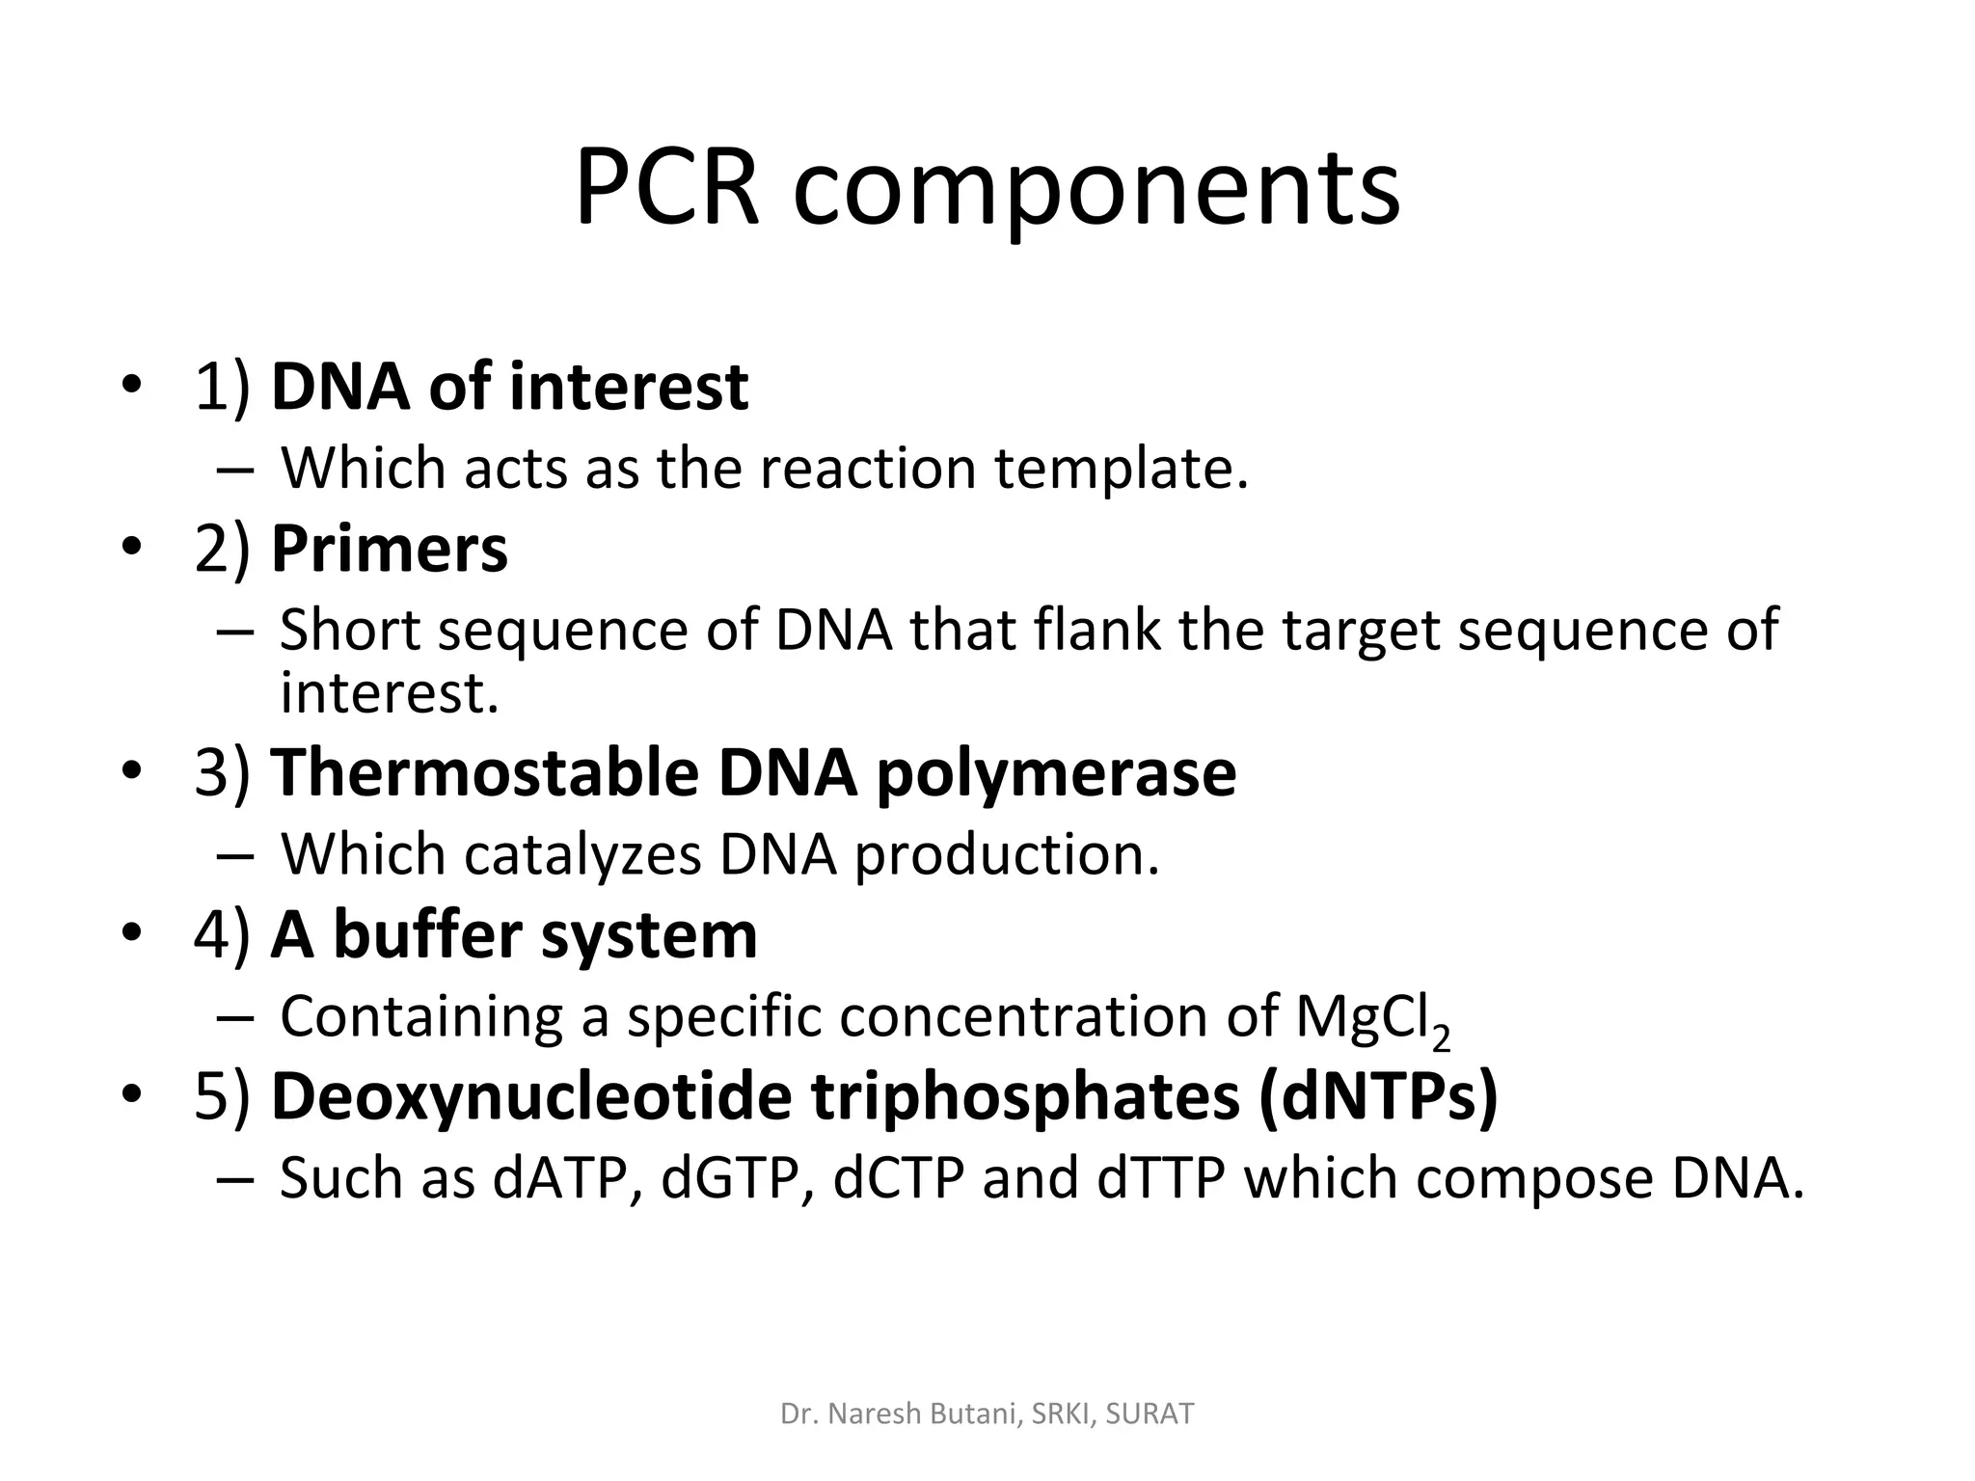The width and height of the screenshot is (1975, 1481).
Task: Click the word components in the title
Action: point(1096,191)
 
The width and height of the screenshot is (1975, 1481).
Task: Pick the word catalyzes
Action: point(582,854)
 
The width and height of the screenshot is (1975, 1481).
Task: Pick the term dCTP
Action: point(898,1178)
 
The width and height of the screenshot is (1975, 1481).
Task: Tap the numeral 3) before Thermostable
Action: point(222,773)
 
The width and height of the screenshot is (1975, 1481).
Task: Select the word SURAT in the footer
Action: point(1150,1414)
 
